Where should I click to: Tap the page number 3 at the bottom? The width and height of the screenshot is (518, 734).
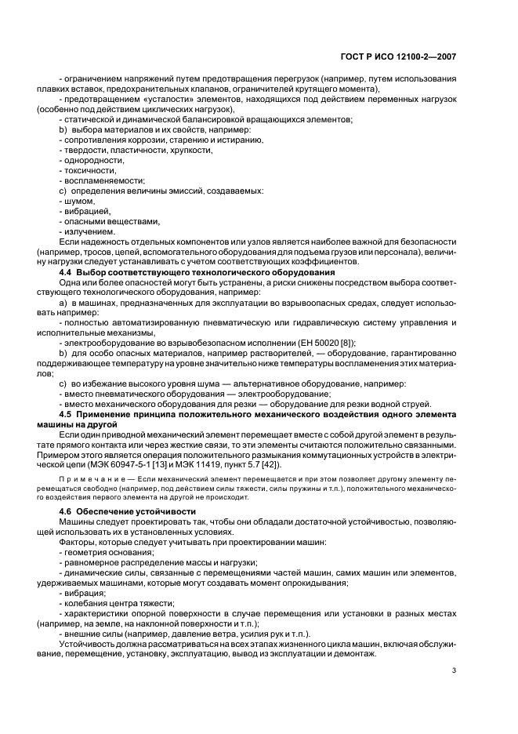[454, 670]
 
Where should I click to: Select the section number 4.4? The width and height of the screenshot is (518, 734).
[67, 271]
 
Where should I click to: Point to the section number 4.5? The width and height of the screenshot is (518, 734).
[67, 413]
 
